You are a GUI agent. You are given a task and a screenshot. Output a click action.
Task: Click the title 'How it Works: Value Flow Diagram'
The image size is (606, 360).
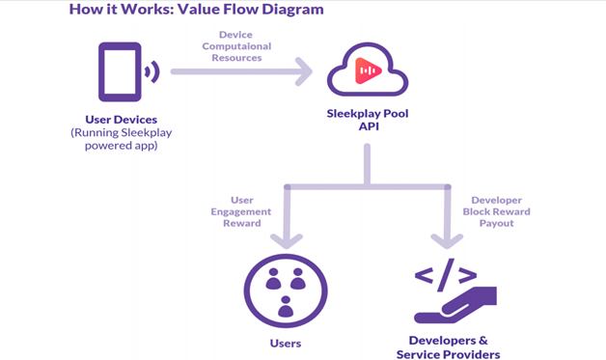click(x=196, y=10)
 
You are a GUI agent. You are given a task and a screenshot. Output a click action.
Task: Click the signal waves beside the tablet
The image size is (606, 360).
click(x=152, y=71)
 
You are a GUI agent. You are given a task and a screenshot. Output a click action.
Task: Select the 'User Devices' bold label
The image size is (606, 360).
click(x=122, y=120)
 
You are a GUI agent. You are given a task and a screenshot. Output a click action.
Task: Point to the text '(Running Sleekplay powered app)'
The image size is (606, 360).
click(x=122, y=139)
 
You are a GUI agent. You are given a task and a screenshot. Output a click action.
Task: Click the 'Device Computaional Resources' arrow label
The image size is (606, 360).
click(x=236, y=46)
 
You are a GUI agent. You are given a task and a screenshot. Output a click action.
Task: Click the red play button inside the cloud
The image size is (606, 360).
click(x=368, y=70)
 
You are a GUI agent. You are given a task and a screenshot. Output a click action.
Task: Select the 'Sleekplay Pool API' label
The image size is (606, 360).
click(x=368, y=120)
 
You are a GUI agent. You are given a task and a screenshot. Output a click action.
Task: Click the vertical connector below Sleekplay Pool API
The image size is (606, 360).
click(x=367, y=165)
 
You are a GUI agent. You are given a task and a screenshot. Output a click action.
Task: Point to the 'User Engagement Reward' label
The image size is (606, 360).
click(x=241, y=211)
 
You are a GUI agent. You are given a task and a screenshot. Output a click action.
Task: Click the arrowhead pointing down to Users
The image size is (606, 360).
click(x=287, y=241)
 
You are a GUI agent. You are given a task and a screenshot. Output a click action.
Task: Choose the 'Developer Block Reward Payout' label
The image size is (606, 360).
click(x=497, y=211)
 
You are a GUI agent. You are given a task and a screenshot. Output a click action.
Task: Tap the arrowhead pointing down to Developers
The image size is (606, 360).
click(x=447, y=241)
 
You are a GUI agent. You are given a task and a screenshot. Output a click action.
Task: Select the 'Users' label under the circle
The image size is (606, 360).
click(x=286, y=344)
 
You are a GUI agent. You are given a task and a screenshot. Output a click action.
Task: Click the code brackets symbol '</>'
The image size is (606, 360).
click(x=445, y=275)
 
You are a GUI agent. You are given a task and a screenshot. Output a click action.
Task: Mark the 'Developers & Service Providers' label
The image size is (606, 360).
click(x=449, y=347)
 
